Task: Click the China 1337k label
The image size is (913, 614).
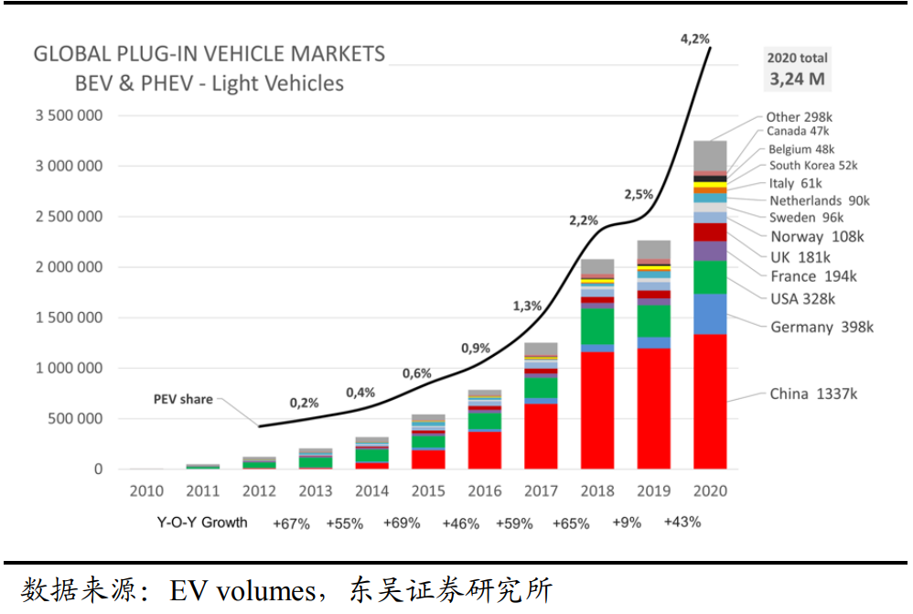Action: coord(813,394)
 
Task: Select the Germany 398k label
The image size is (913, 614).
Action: coord(822,328)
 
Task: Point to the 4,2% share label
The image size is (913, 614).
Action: coord(694,39)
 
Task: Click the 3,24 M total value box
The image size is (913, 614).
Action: coord(797,79)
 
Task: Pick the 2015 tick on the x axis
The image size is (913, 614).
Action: coord(428,491)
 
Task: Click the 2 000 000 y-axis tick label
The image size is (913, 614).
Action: coord(70,268)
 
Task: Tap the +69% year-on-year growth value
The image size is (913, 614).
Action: coord(402,523)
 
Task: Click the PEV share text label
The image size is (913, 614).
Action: coord(183,400)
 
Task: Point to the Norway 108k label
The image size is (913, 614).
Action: coord(817,237)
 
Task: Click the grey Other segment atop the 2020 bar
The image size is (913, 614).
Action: coord(710,155)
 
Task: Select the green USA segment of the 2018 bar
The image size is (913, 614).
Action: coord(597,326)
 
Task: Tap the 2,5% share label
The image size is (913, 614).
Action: coord(639,194)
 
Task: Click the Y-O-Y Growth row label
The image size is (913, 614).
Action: coord(201,523)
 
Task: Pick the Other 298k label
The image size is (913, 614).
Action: coord(800,116)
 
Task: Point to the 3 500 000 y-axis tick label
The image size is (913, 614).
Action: coord(70,116)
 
